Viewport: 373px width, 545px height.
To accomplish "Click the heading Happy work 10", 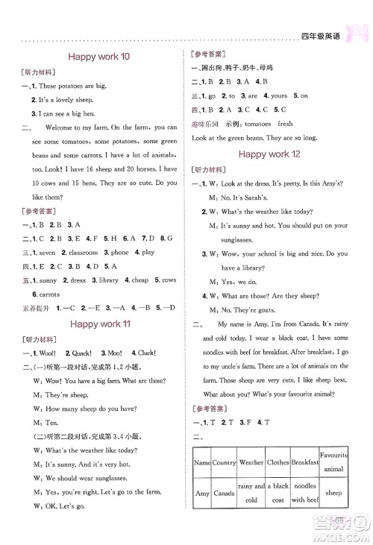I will [x=99, y=55].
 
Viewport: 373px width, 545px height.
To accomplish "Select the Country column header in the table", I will [x=224, y=462].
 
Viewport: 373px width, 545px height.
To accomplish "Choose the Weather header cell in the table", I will [x=251, y=462].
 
